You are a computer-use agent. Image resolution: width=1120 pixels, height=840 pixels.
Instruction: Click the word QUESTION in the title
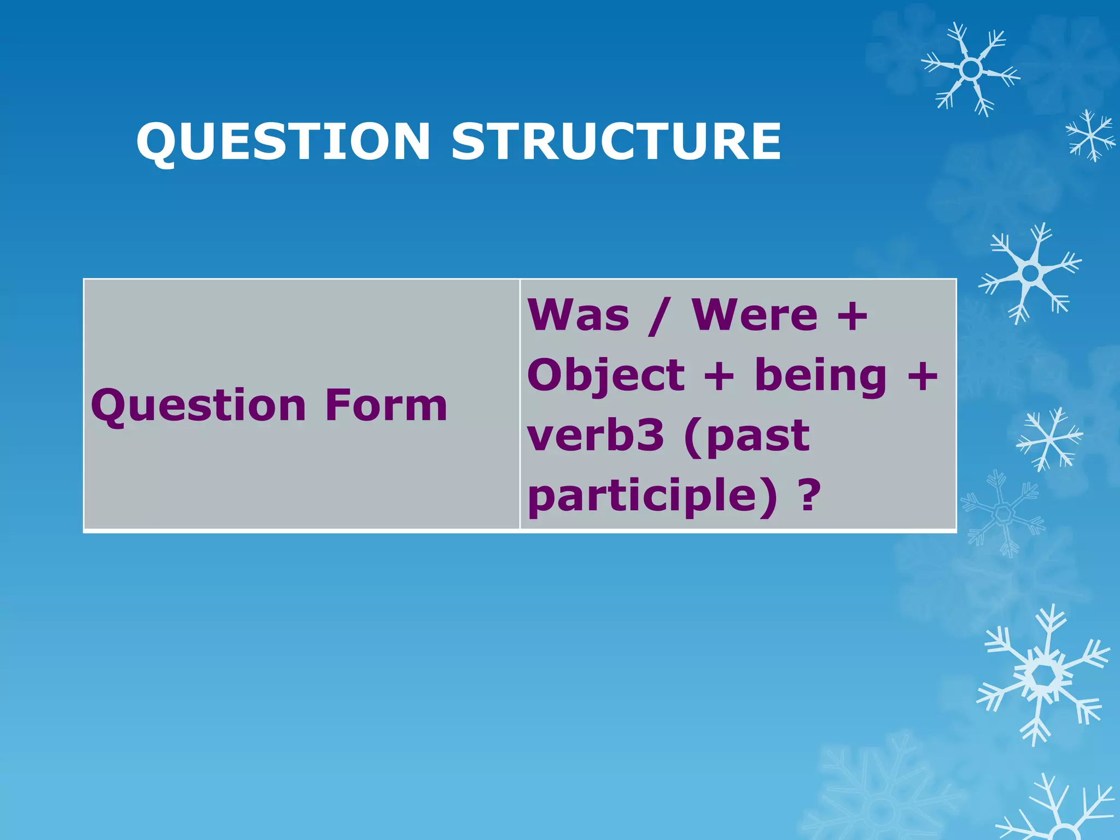283,142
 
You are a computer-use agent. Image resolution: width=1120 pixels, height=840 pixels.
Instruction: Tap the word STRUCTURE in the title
616,142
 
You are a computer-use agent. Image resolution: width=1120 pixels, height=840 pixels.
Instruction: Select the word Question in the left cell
199,406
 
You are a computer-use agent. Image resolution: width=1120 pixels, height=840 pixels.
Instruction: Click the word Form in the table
386,405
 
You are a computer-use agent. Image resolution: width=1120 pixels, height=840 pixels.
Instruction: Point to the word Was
579,316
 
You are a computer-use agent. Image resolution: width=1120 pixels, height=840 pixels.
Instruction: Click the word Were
755,316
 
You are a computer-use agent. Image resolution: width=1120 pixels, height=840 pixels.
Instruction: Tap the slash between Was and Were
658,317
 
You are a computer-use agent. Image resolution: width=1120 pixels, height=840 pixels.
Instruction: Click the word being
820,377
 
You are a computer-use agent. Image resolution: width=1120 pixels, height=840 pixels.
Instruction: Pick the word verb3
596,436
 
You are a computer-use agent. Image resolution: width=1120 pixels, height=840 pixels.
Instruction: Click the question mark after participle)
810,495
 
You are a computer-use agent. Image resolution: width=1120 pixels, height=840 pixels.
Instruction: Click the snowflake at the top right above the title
971,69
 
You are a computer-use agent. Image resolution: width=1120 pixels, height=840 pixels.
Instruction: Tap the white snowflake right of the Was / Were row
1030,272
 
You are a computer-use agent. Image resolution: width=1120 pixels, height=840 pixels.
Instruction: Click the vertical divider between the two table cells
520,404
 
